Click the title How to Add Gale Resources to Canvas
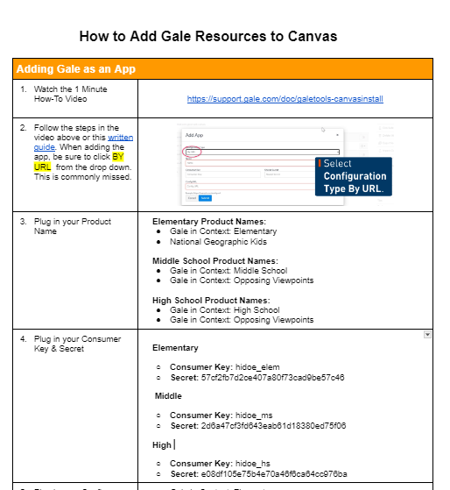[x=207, y=37]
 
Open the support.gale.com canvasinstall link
[x=285, y=99]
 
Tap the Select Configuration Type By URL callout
[x=354, y=175]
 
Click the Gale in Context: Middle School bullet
[x=228, y=271]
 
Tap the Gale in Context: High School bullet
[x=224, y=309]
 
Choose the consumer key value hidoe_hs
[x=253, y=463]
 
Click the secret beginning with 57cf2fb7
[x=272, y=377]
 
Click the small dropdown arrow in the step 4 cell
[x=426, y=334]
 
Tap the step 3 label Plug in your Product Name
[x=72, y=226]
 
